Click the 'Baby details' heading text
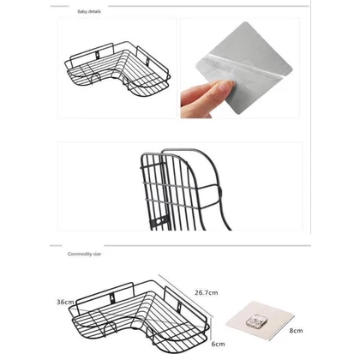[x=89, y=12]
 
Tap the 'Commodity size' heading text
[x=84, y=254]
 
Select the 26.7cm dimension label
[x=207, y=292]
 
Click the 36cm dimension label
[x=65, y=302]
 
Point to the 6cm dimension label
[x=218, y=344]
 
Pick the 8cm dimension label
[x=296, y=331]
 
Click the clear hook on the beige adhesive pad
[x=256, y=321]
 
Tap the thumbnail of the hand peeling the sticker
[x=240, y=68]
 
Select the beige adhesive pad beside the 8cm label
[x=260, y=321]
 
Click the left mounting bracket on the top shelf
[x=98, y=55]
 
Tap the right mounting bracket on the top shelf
[x=148, y=61]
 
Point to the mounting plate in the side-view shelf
[x=159, y=221]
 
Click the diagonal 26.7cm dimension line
[x=186, y=296]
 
